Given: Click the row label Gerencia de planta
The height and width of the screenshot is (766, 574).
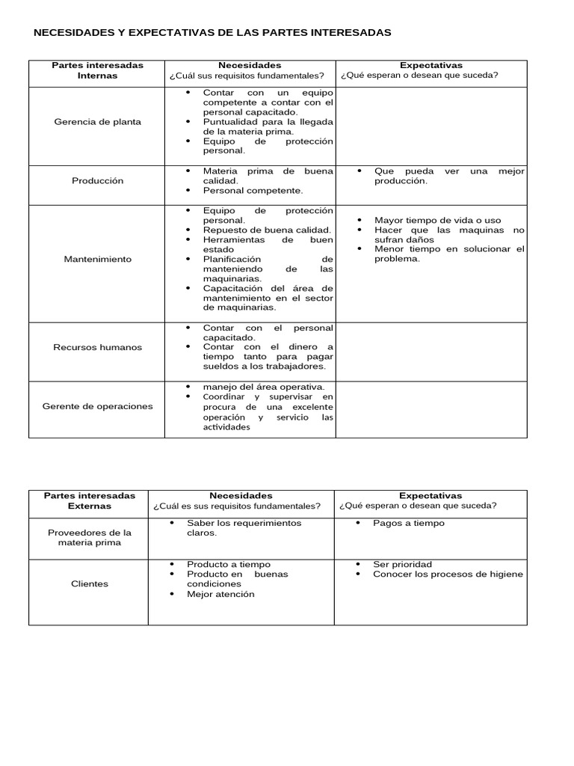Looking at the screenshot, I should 97,121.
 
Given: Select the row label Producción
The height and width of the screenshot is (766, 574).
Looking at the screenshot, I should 97,180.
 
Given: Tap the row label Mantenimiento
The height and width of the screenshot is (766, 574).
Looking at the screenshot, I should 97,259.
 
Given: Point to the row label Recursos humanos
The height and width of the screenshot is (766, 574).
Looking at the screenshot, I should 97,347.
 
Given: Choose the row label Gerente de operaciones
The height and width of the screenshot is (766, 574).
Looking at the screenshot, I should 97,406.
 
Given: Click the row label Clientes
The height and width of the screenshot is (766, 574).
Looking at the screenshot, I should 89,583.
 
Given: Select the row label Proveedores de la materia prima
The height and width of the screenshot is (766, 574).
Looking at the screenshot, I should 89,537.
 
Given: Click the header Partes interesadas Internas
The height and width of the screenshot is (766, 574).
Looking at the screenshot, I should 97,70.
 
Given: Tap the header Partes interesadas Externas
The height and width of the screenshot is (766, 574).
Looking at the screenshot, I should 89,500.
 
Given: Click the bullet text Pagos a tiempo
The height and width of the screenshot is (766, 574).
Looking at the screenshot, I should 408,523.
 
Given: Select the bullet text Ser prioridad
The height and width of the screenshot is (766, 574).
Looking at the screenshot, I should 402,564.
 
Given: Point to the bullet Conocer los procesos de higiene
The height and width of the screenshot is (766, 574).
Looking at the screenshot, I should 448,574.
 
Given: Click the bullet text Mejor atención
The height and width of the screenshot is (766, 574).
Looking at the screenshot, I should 220,594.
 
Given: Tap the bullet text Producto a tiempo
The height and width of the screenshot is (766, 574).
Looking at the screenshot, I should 228,564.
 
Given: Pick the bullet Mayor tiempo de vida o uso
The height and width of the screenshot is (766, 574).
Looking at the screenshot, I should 437,220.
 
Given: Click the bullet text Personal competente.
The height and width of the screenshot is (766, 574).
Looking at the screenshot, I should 253,190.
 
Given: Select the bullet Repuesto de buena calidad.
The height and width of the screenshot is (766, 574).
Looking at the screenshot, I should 267,230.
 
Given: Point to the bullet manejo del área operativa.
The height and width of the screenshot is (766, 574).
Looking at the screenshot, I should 263,386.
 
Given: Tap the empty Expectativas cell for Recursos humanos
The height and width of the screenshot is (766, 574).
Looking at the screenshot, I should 431,347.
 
